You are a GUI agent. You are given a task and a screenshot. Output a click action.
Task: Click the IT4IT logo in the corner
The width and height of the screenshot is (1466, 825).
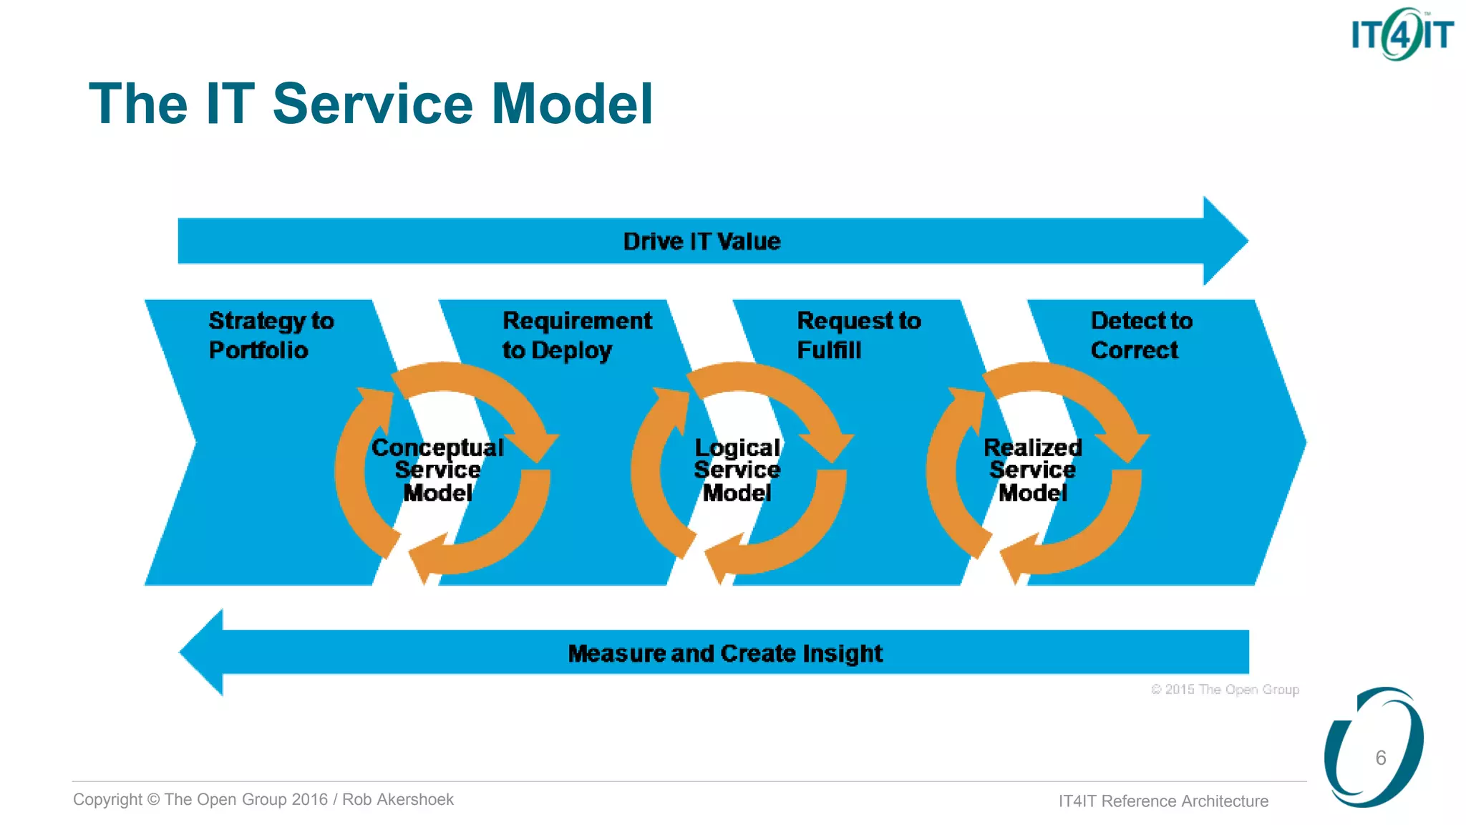pyautogui.click(x=1402, y=34)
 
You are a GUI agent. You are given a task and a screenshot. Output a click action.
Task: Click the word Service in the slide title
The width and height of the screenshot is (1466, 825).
pyautogui.click(x=373, y=104)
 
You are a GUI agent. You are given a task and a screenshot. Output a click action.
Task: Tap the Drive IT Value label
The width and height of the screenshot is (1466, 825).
pyautogui.click(x=702, y=241)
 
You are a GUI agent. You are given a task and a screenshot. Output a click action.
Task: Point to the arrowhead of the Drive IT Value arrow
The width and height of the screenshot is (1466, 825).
pyautogui.click(x=1225, y=241)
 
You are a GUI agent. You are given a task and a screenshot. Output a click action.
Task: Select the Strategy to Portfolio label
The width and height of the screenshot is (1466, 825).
pyautogui.click(x=271, y=335)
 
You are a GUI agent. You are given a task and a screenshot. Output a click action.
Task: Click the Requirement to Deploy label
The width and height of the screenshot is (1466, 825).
pyautogui.click(x=576, y=335)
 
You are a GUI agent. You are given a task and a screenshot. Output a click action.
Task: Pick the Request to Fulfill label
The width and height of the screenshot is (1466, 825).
pyautogui.click(x=858, y=335)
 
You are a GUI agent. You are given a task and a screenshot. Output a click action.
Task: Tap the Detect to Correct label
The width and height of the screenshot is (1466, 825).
pyautogui.click(x=1141, y=335)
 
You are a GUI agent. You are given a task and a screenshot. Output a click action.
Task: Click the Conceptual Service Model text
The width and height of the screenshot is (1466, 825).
pyautogui.click(x=437, y=470)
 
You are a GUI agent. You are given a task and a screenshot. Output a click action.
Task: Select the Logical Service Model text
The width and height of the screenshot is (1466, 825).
pyautogui.click(x=737, y=470)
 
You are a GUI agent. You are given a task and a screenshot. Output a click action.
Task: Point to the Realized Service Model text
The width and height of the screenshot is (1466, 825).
pyautogui.click(x=1032, y=470)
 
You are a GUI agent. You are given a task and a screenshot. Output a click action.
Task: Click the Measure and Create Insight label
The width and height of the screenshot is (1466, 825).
pyautogui.click(x=724, y=653)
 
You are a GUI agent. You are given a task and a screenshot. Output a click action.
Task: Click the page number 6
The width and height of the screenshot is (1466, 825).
pyautogui.click(x=1380, y=758)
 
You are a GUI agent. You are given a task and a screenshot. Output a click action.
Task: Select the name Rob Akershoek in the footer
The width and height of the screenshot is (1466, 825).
pyautogui.click(x=397, y=799)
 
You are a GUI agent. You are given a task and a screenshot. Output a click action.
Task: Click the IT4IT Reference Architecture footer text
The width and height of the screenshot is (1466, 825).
pyautogui.click(x=1163, y=801)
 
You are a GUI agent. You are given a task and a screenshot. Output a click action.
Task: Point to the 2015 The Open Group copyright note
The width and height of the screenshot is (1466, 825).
pyautogui.click(x=1225, y=689)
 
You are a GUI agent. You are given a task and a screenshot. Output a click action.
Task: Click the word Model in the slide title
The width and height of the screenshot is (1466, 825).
pyautogui.click(x=572, y=104)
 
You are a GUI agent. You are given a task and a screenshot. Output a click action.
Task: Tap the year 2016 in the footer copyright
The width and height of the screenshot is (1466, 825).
pyautogui.click(x=309, y=799)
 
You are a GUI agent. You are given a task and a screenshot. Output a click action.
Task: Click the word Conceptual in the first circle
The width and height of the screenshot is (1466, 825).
pyautogui.click(x=437, y=448)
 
